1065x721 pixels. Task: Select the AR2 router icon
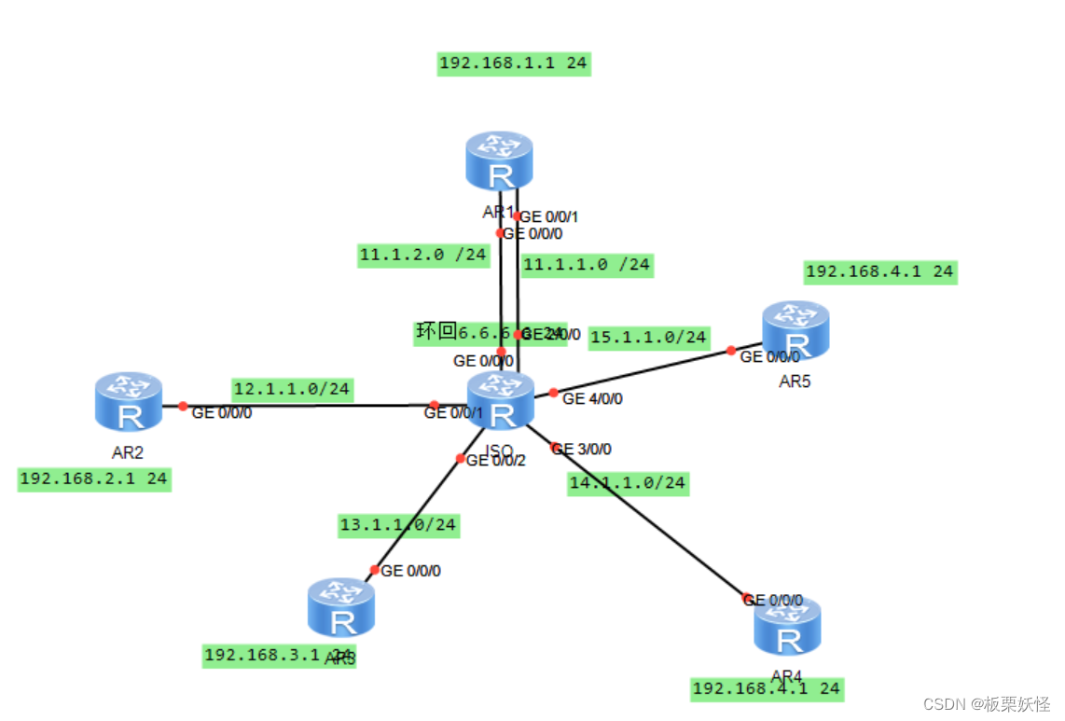point(129,402)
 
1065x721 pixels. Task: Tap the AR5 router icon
point(795,330)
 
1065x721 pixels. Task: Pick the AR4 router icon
point(788,627)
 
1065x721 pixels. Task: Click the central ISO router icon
point(501,400)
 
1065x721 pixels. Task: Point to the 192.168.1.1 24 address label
point(514,64)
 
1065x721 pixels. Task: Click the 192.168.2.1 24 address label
point(94,479)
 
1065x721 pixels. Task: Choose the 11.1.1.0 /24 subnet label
point(586,265)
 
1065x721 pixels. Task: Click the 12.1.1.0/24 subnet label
point(292,389)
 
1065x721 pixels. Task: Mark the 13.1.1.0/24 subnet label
point(398,525)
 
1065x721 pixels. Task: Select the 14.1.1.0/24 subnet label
point(628,483)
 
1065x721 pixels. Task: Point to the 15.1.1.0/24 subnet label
point(649,337)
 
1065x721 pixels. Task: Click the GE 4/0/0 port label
point(592,399)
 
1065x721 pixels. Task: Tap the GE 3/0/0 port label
point(582,449)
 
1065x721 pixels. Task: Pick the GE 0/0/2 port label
point(496,459)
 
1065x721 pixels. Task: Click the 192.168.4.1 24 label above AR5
point(879,271)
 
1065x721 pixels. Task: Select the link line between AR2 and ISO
point(308,406)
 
